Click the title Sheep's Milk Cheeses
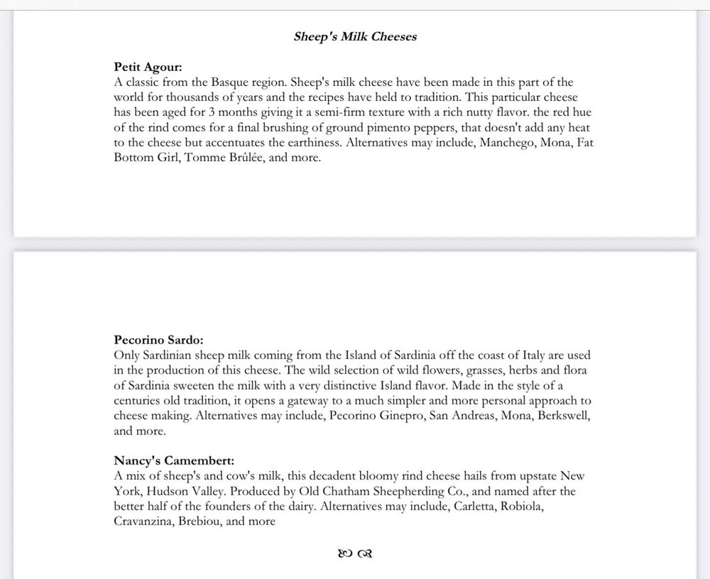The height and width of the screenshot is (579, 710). pyautogui.click(x=355, y=37)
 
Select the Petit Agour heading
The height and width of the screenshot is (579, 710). pyautogui.click(x=148, y=67)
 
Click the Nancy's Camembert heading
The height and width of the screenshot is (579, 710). pyautogui.click(x=174, y=460)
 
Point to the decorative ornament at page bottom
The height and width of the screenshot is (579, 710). pyautogui.click(x=356, y=553)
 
